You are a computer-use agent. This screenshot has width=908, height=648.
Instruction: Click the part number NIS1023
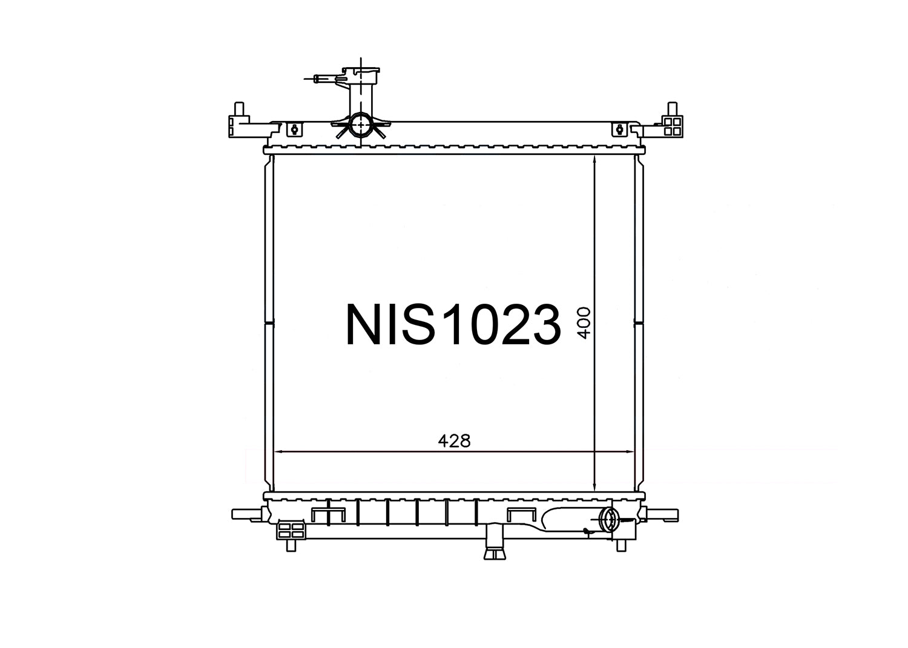coord(453,325)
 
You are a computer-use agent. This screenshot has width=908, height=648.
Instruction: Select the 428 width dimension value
coord(454,441)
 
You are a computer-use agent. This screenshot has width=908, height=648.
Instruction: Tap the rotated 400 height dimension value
coord(584,323)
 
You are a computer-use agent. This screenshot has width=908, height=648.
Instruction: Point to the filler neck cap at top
coord(361,75)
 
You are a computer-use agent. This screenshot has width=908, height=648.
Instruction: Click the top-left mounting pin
coord(239,110)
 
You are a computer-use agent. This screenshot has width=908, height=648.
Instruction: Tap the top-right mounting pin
coord(673,110)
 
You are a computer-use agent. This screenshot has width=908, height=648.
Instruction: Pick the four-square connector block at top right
coord(673,126)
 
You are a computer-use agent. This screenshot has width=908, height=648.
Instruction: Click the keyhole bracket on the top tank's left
coord(295,129)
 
